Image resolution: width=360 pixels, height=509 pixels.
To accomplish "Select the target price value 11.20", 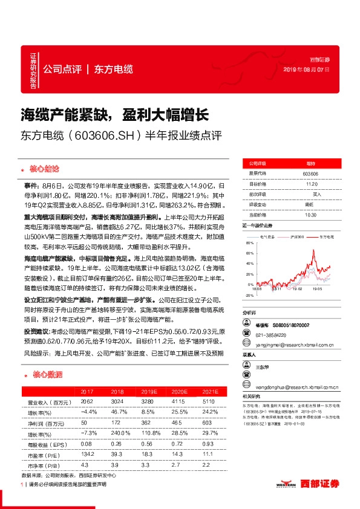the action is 311,184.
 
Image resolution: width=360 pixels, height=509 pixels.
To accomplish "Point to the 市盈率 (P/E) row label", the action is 42,455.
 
